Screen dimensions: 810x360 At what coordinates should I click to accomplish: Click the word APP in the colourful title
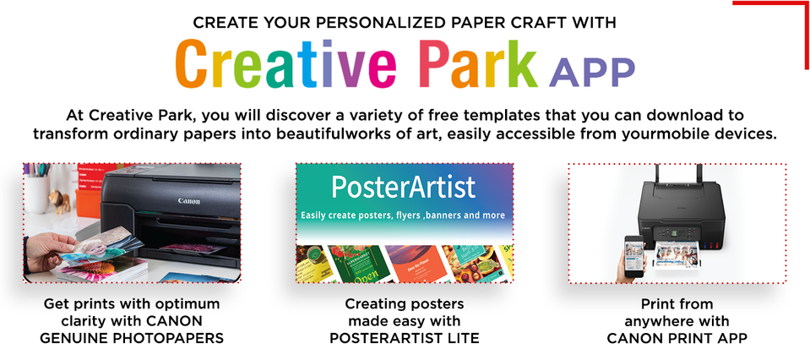(592, 73)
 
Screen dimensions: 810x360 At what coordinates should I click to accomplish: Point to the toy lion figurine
(59, 200)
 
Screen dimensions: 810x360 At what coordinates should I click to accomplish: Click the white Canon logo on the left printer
(189, 201)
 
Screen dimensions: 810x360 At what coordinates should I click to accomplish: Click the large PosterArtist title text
(404, 187)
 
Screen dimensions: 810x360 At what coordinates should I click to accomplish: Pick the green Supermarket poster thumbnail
(355, 264)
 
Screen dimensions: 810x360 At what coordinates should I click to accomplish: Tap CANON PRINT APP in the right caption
(677, 338)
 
